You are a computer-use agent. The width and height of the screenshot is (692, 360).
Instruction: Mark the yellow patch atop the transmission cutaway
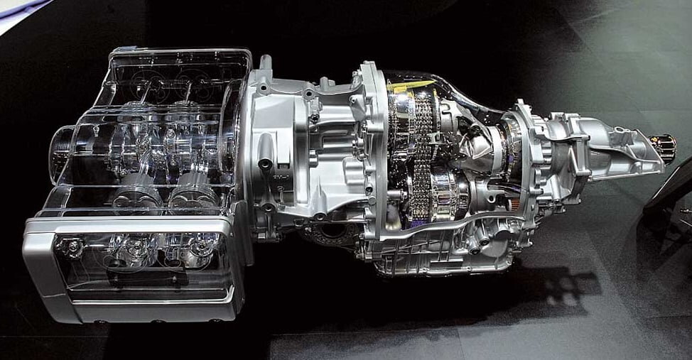410,86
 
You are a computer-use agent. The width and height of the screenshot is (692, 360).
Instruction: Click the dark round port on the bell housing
265,164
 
